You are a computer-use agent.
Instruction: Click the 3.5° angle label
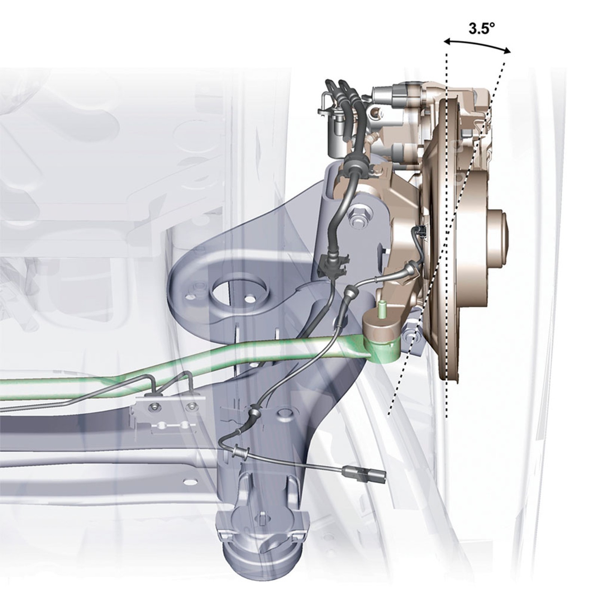481,28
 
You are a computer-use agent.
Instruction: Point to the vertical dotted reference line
446,234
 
